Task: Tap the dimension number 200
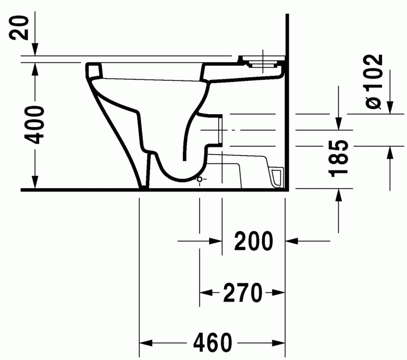click(x=253, y=242)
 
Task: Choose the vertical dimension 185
click(x=340, y=159)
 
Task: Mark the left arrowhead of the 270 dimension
click(x=205, y=292)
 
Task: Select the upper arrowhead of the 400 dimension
click(x=34, y=67)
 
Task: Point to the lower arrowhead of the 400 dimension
click(x=34, y=184)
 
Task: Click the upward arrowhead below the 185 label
click(x=338, y=195)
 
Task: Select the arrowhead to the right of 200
click(x=291, y=242)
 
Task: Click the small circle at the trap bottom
click(x=200, y=178)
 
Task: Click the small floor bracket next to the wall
click(x=277, y=177)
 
